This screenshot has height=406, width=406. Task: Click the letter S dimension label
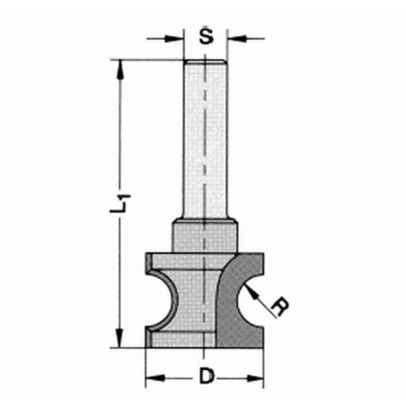pyautogui.click(x=205, y=37)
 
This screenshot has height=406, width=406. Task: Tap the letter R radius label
pyautogui.click(x=281, y=307)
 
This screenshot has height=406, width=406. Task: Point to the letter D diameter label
pyautogui.click(x=205, y=378)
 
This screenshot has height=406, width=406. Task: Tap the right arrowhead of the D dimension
pyautogui.click(x=256, y=379)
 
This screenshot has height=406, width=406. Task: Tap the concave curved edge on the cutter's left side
pyautogui.click(x=166, y=299)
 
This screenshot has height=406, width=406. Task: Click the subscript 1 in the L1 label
pyautogui.click(x=124, y=198)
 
